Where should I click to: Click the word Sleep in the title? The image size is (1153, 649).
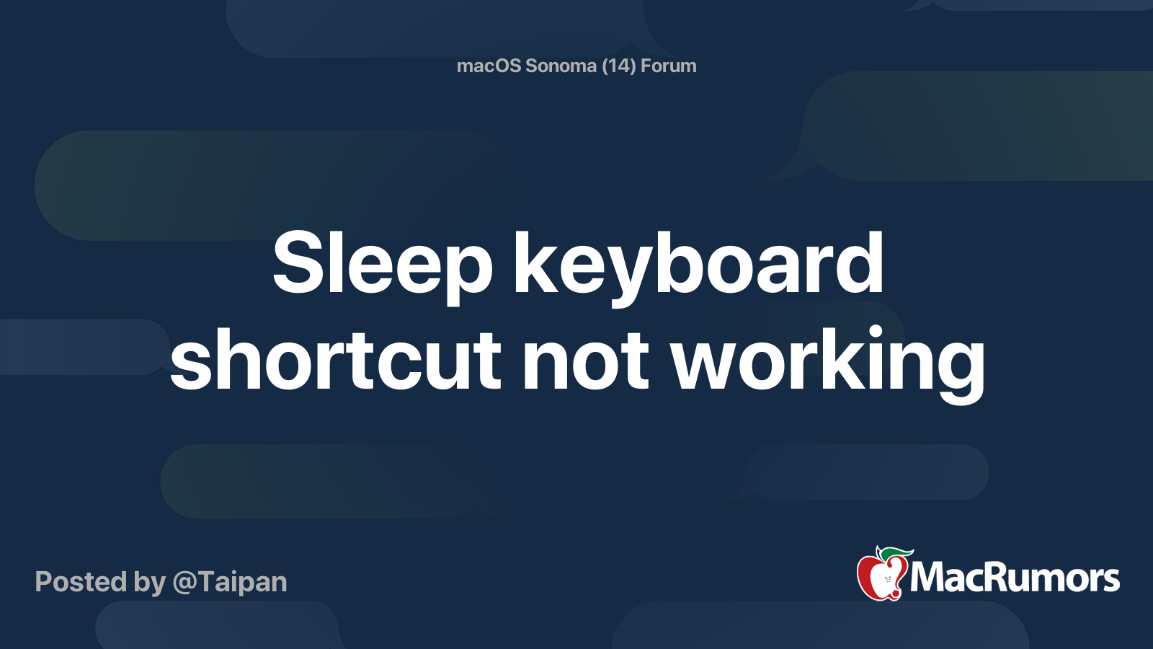382,264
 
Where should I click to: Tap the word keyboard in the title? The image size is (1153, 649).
698,264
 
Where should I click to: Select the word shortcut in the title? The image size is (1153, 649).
335,361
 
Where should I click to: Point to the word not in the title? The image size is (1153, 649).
586,361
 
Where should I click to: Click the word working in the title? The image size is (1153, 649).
828,361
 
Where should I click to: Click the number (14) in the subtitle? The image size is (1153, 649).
618,66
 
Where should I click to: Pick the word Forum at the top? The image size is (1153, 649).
669,66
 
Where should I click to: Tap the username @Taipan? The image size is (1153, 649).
230,582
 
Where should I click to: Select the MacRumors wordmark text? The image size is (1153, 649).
1015,578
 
